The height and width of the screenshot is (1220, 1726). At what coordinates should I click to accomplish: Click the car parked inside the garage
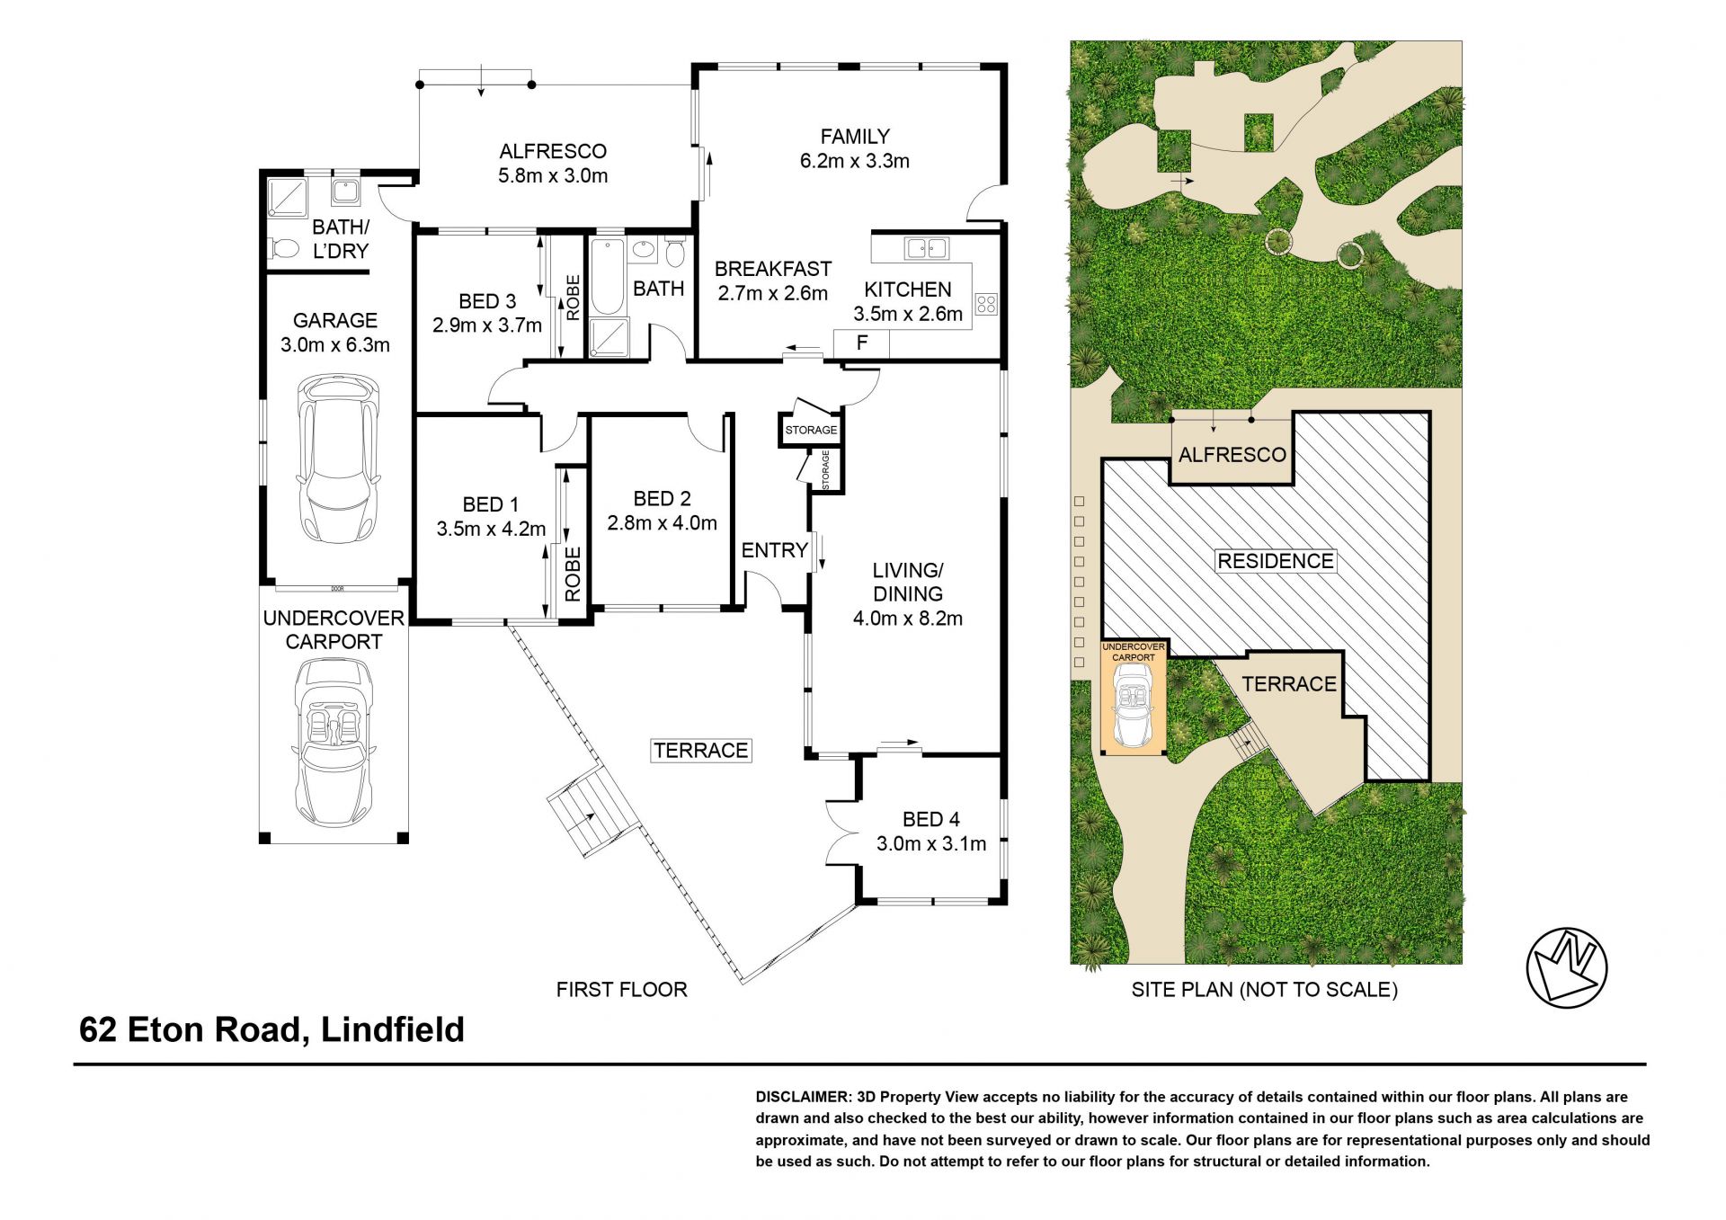pyautogui.click(x=338, y=459)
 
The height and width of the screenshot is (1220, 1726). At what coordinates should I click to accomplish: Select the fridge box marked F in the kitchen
pyautogui.click(x=861, y=343)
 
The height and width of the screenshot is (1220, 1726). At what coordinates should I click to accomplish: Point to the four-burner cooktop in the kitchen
pyautogui.click(x=986, y=304)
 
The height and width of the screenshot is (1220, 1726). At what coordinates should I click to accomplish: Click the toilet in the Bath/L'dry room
pyautogui.click(x=284, y=247)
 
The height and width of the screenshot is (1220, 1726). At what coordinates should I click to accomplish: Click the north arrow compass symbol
pyautogui.click(x=1567, y=966)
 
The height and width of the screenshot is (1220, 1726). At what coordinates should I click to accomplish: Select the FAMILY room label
pyautogui.click(x=855, y=137)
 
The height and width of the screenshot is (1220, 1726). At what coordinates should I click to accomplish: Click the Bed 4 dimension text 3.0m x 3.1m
pyautogui.click(x=931, y=844)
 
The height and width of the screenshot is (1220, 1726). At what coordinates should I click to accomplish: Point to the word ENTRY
pyautogui.click(x=774, y=550)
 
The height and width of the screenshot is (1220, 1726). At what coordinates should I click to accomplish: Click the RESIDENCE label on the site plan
pyautogui.click(x=1276, y=561)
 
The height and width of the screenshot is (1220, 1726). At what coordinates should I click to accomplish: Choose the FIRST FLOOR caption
pyautogui.click(x=622, y=990)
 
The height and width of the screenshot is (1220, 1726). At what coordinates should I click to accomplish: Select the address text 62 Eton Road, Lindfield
pyautogui.click(x=271, y=1030)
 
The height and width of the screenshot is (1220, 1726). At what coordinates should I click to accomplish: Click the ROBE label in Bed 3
pyautogui.click(x=573, y=298)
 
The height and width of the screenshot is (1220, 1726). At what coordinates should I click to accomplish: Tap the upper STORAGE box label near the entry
pyautogui.click(x=811, y=430)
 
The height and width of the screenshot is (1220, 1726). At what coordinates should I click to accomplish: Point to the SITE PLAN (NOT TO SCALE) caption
pyautogui.click(x=1264, y=990)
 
